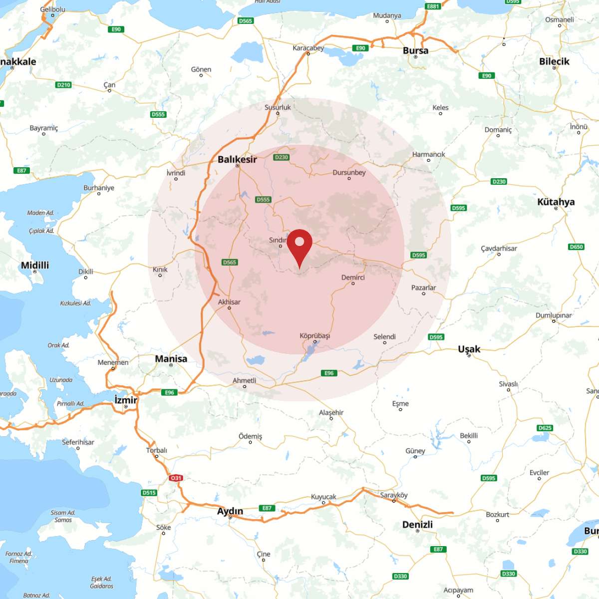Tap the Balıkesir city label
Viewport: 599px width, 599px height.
coord(237,159)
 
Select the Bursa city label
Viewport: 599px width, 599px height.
coord(415,50)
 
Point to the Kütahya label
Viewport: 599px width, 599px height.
coord(556,202)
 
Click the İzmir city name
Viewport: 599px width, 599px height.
coord(125,400)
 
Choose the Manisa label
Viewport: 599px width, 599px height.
coord(171,358)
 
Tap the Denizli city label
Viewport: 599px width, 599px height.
coord(417,524)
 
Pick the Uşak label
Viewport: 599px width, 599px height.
coord(469,349)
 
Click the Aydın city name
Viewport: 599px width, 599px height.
coord(230,511)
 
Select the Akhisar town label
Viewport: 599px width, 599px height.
coord(229,302)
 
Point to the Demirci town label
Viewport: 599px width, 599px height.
coord(353,278)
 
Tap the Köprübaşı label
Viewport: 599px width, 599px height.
coord(314,336)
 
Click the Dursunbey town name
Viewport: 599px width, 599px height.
coord(349,173)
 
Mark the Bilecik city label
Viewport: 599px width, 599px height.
coord(554,61)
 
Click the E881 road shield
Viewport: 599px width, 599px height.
coord(433,6)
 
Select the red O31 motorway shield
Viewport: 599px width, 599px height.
coord(176,478)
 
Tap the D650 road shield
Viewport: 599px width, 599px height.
coord(576,247)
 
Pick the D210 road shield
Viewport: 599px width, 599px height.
coord(63,85)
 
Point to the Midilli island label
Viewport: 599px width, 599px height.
coord(35,265)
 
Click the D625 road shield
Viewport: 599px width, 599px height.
coord(545,428)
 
